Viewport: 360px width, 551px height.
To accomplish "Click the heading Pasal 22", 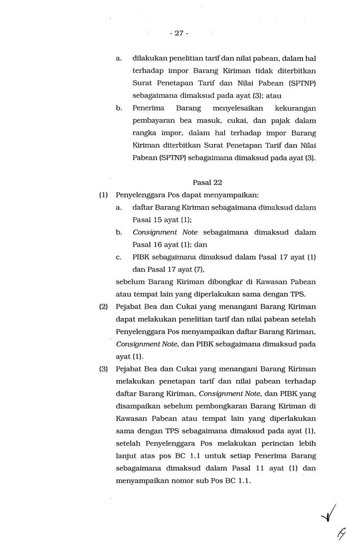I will point(208,182).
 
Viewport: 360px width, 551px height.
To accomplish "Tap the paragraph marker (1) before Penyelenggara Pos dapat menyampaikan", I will point(103,195).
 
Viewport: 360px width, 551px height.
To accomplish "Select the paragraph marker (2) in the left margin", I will point(103,307).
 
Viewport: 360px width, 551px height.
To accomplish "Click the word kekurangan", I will point(295,108).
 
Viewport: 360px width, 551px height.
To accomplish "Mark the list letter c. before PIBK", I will point(118,257).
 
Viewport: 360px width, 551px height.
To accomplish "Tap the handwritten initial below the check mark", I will point(339,535).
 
